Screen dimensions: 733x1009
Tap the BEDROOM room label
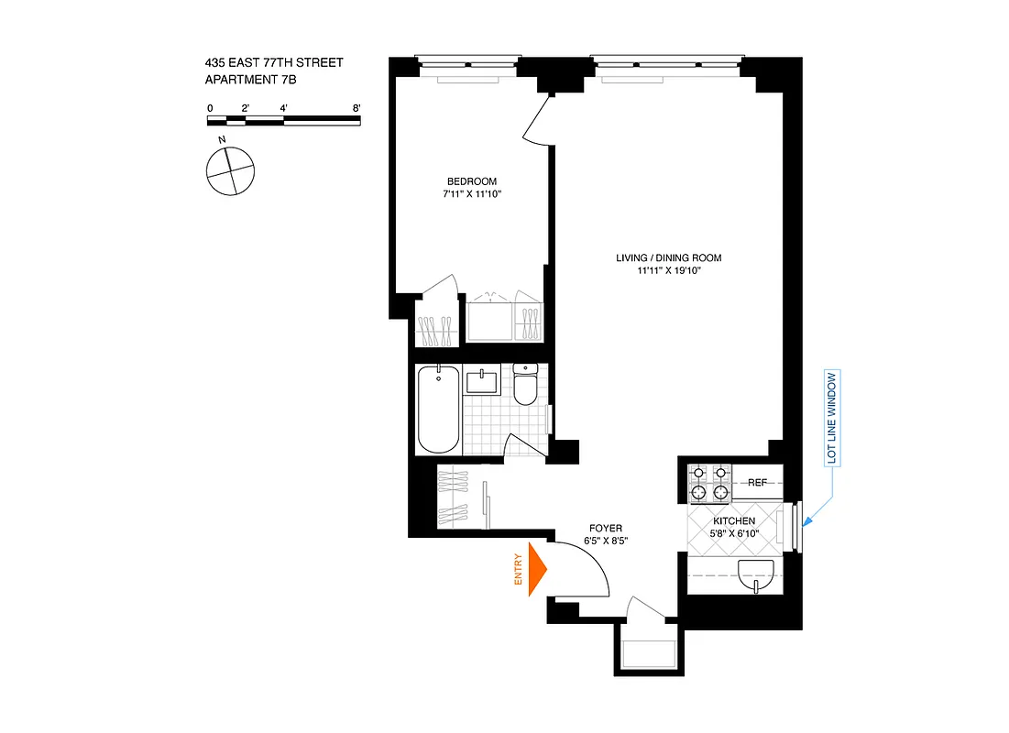[x=472, y=181]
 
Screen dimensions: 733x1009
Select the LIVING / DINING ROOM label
[x=662, y=258]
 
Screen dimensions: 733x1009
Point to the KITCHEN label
[x=735, y=521]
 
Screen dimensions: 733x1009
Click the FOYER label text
[x=606, y=529]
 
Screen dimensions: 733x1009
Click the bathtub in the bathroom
[x=438, y=409]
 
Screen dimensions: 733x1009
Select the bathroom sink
[x=481, y=380]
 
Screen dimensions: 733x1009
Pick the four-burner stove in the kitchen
[x=710, y=483]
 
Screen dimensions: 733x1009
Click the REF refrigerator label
[x=757, y=482]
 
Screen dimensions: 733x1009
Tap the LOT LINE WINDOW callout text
[x=832, y=419]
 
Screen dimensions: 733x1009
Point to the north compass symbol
[x=228, y=170]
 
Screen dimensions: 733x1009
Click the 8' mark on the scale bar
[x=356, y=108]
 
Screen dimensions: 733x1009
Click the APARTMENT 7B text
[x=250, y=81]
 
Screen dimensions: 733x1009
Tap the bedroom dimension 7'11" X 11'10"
[x=472, y=194]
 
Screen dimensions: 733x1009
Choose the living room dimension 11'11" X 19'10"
[x=662, y=272]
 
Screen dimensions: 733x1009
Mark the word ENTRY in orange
[x=518, y=574]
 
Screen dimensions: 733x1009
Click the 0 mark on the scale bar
[x=210, y=108]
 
